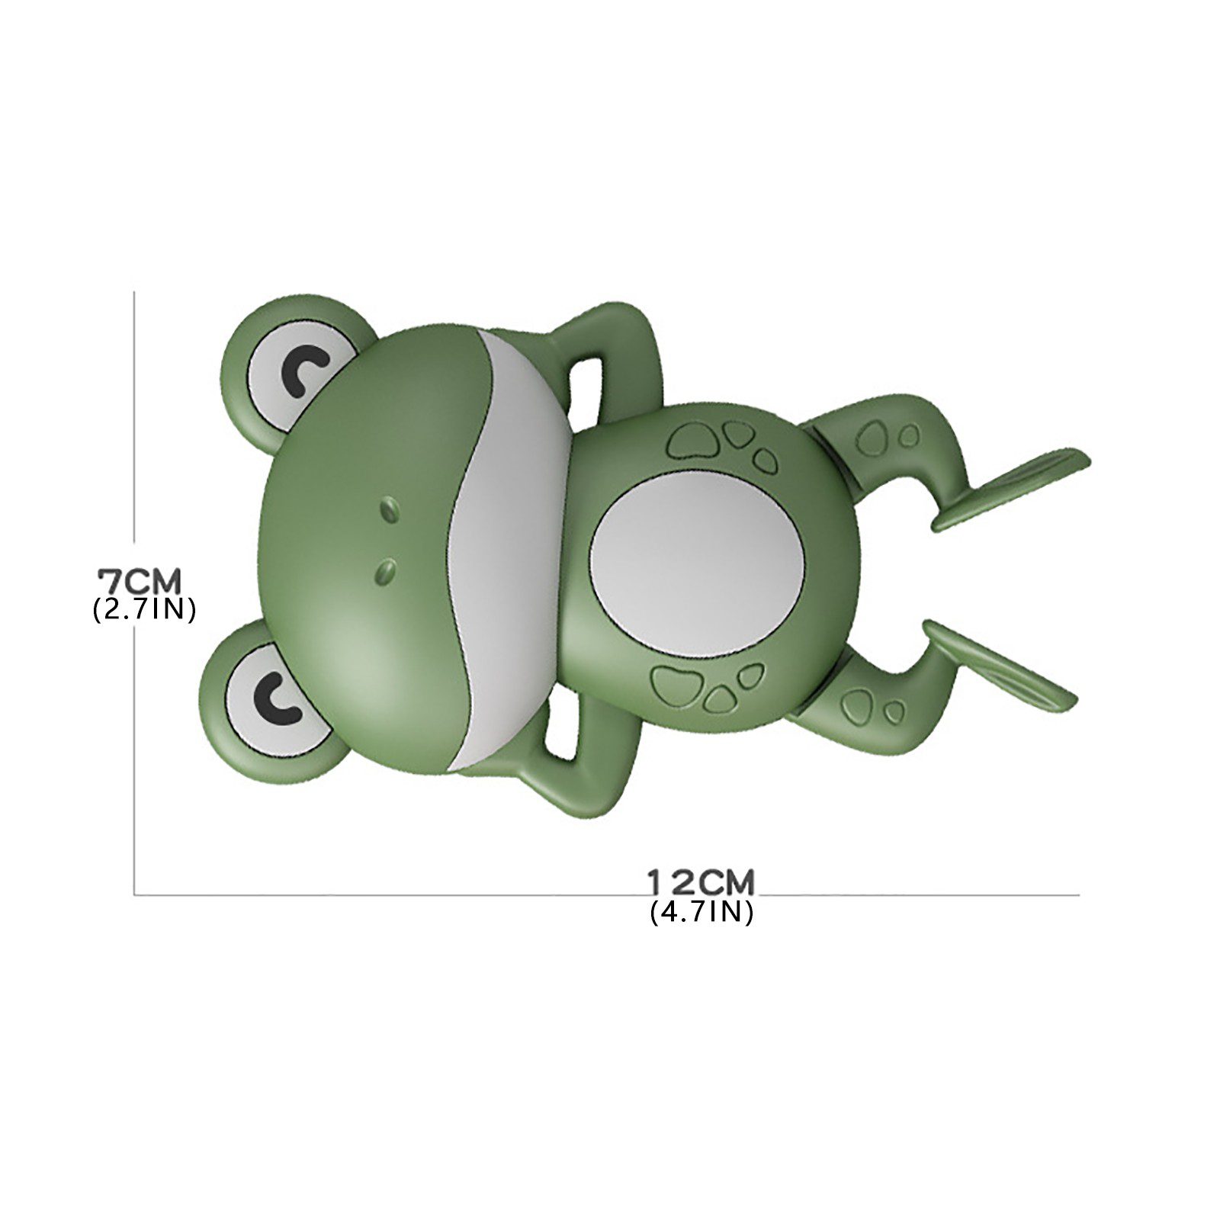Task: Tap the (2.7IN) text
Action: coord(144,610)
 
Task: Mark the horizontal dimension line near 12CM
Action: coord(457,894)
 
